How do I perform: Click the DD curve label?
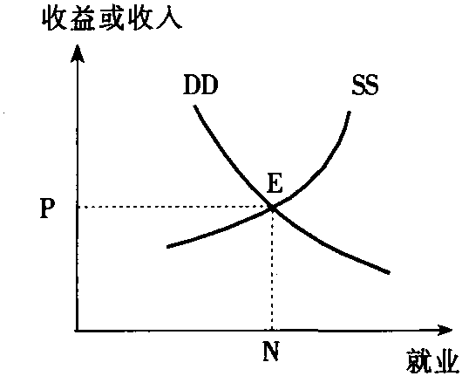coord(200,85)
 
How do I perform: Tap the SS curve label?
coord(364,85)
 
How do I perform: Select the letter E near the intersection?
coord(275,183)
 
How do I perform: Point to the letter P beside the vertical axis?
coord(47,209)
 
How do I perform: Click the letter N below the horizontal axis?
coord(271,351)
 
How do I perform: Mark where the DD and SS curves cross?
coord(272,209)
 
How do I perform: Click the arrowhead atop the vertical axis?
coord(78,54)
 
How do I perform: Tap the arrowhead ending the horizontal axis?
coord(445,330)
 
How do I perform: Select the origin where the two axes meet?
coord(78,331)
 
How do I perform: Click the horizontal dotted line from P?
coord(173,207)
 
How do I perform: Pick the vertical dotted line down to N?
coord(272,270)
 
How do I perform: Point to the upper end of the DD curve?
coord(194,106)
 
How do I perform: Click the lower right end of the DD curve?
coord(389,273)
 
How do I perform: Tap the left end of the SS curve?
coord(167,247)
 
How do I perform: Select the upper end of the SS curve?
coord(350,112)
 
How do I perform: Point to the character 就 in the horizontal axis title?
coord(418,361)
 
